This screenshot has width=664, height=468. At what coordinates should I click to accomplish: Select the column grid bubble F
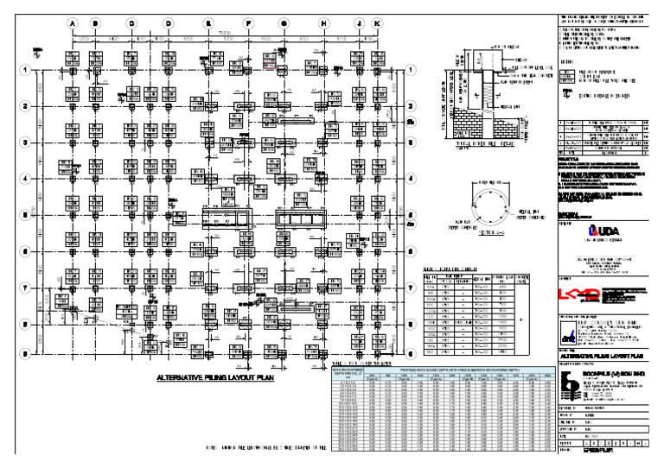click(x=248, y=22)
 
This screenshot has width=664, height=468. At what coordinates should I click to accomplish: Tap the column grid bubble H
click(x=323, y=22)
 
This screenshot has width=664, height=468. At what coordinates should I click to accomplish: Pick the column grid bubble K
click(x=376, y=22)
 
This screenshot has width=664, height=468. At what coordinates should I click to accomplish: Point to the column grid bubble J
click(x=358, y=22)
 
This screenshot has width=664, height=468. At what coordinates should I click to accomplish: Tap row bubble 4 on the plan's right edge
click(x=412, y=179)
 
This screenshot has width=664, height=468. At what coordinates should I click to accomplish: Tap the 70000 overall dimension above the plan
click(x=224, y=31)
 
